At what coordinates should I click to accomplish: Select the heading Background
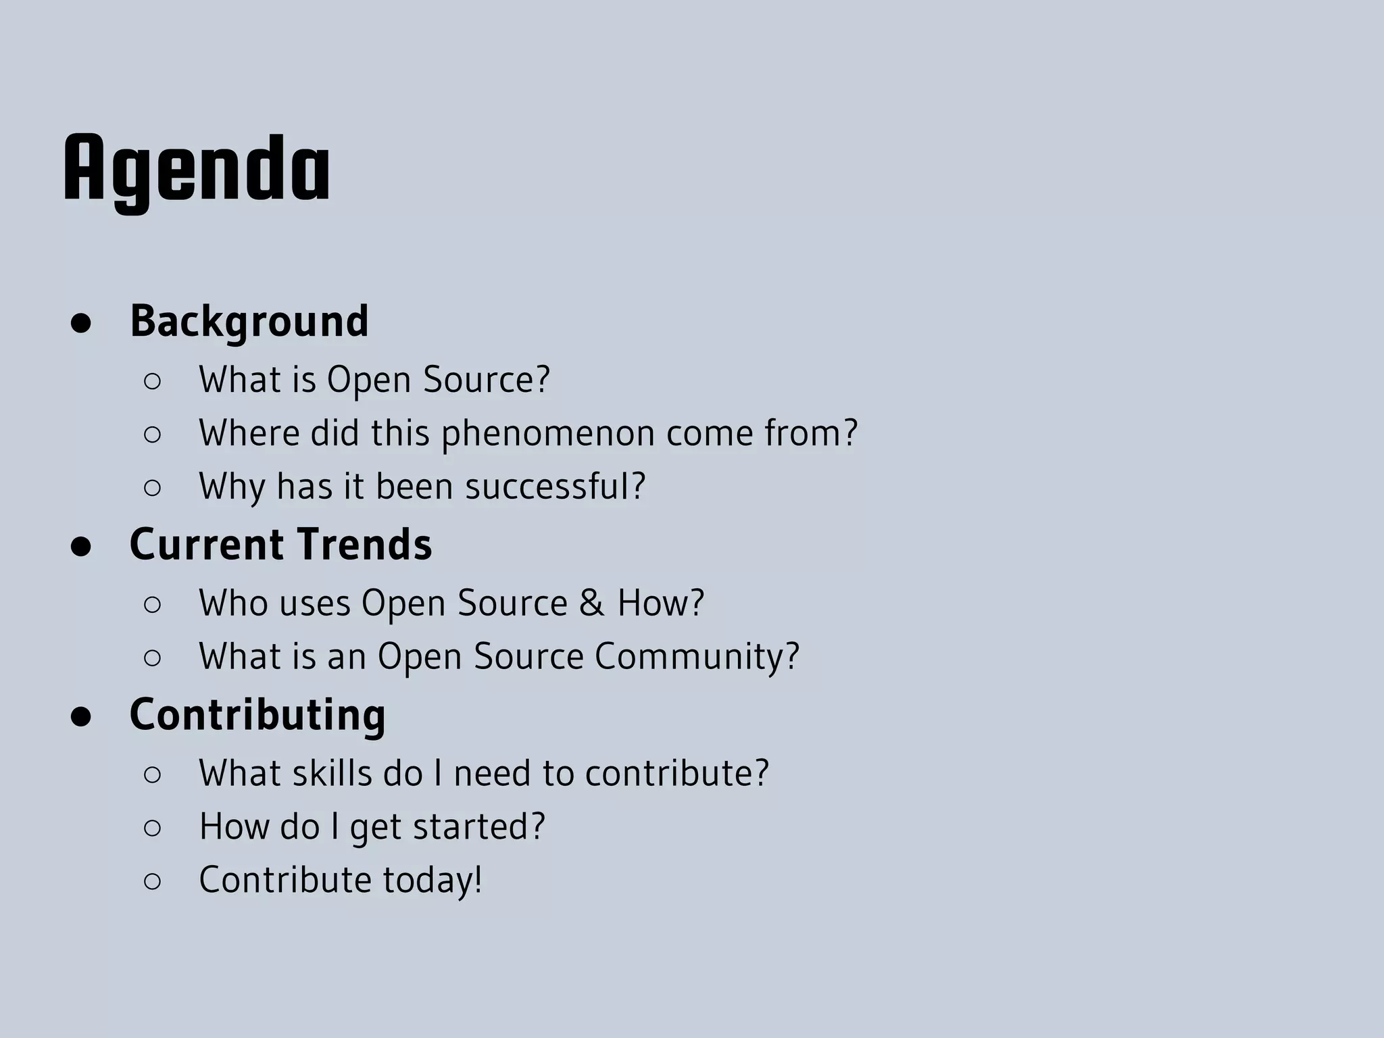coord(249,321)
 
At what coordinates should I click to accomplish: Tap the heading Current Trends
coord(280,545)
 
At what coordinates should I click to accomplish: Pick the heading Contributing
coord(257,715)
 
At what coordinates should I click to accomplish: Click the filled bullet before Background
coord(81,324)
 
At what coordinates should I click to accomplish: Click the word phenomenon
coord(548,434)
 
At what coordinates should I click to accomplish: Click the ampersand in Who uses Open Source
coord(591,603)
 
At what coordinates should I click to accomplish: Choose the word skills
coord(332,773)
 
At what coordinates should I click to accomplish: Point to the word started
coord(478,826)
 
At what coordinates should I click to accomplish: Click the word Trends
coord(364,545)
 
